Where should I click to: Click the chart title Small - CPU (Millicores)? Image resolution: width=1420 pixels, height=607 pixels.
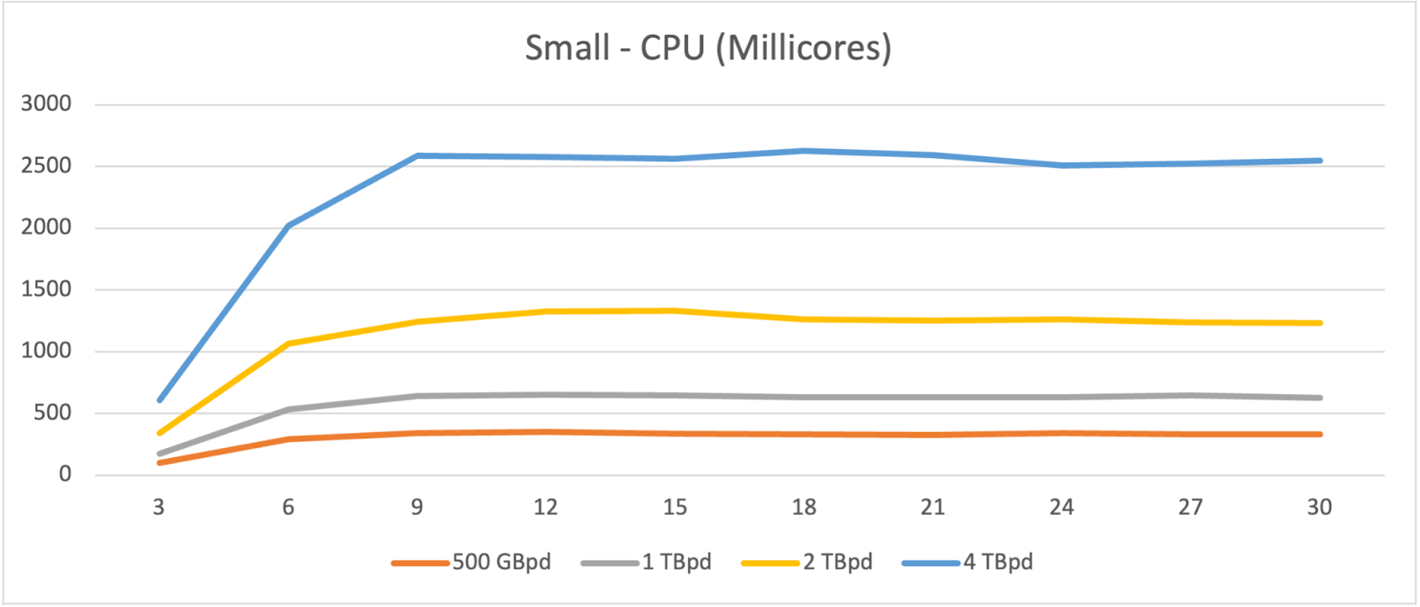coord(707,48)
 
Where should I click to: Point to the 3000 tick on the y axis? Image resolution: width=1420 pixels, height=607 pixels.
coord(46,104)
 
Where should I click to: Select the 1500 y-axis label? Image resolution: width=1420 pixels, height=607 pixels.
coord(46,289)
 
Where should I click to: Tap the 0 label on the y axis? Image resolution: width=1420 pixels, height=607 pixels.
coord(65,475)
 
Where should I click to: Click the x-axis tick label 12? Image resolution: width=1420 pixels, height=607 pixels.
coord(545,508)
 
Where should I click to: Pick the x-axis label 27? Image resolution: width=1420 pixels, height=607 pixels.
coord(1190,508)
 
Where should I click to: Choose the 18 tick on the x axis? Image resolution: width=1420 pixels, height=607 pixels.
coord(803,508)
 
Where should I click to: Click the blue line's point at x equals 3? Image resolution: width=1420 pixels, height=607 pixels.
coord(159,400)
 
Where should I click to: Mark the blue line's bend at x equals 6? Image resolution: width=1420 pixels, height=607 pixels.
coord(288,225)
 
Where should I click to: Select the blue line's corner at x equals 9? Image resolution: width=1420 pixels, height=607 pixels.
coord(417,155)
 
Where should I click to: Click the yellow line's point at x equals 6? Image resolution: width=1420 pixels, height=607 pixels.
coord(288,343)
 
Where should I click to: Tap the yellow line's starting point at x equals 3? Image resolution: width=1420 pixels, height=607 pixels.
coord(159,433)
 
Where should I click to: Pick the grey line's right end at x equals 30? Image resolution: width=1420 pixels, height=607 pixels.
coord(1320,398)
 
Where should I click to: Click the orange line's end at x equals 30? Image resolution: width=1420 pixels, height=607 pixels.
coord(1320,434)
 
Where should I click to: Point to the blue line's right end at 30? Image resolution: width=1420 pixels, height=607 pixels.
coord(1320,161)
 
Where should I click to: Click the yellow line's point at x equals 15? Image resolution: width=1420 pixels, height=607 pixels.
coord(674,311)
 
